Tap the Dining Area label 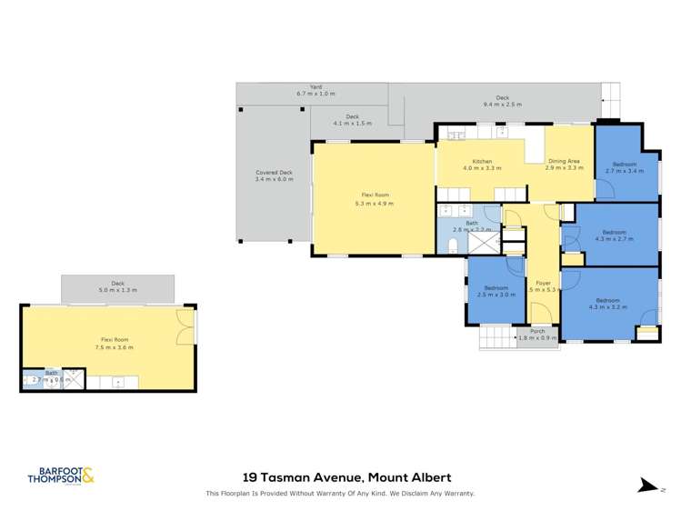(x=564, y=161)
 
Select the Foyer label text (x=543, y=283)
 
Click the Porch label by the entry (x=537, y=331)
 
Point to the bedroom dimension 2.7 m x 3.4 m (x=624, y=171)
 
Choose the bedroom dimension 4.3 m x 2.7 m (x=614, y=239)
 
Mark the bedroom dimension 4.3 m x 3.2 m (x=607, y=307)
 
